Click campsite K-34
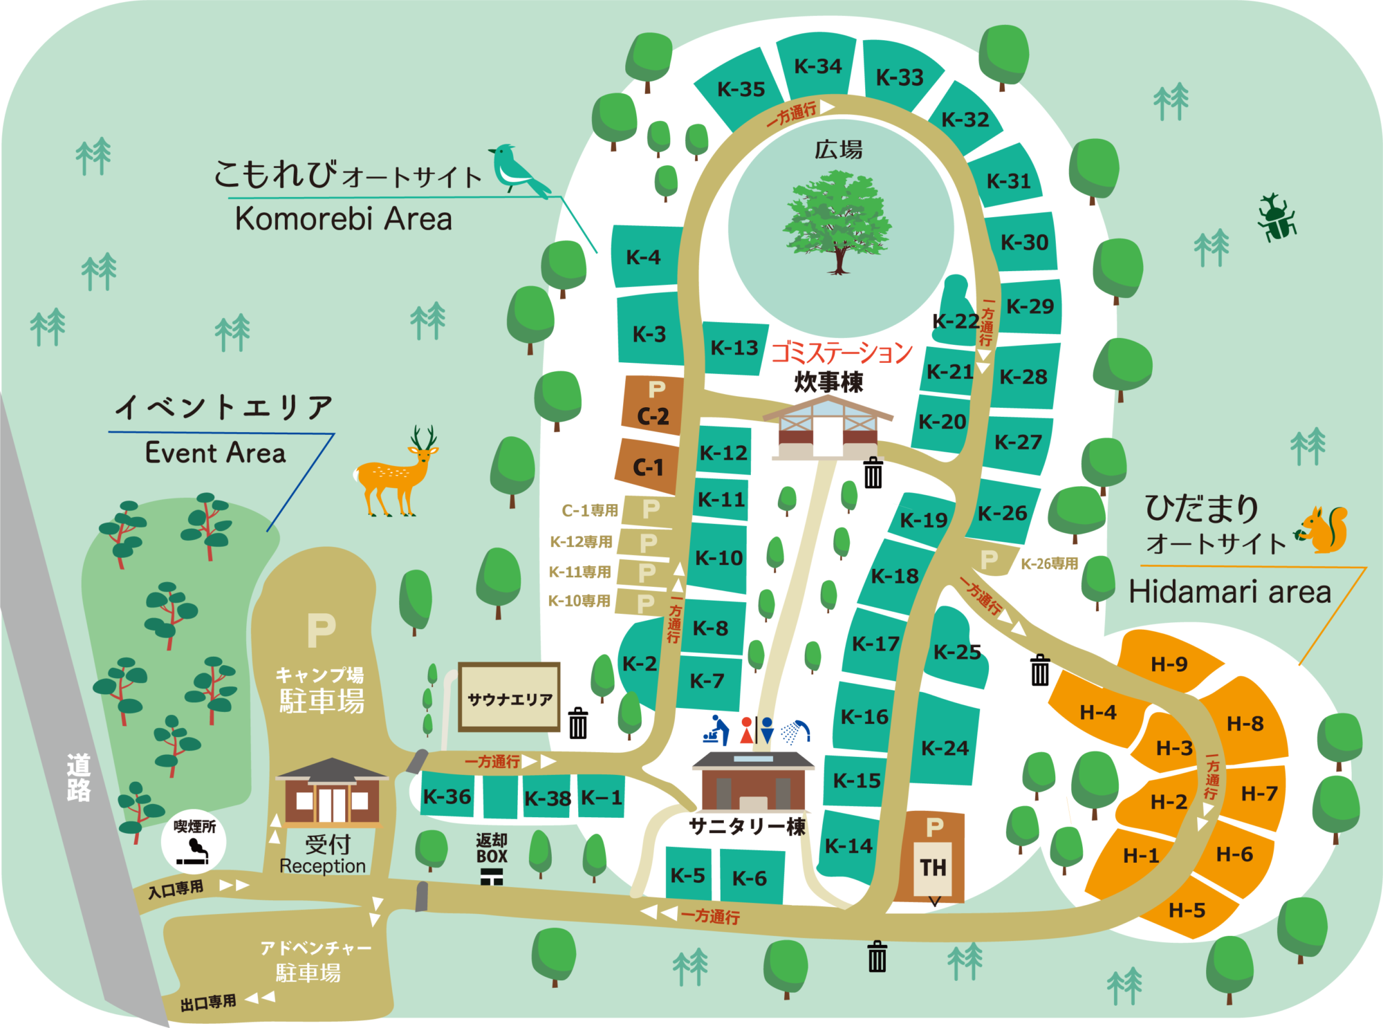818,66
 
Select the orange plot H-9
1169,664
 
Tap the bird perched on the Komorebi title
519,169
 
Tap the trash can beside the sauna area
578,723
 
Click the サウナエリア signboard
510,698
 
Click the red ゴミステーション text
842,353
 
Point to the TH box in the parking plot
933,868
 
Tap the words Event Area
215,453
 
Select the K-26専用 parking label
1049,563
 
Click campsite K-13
734,348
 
